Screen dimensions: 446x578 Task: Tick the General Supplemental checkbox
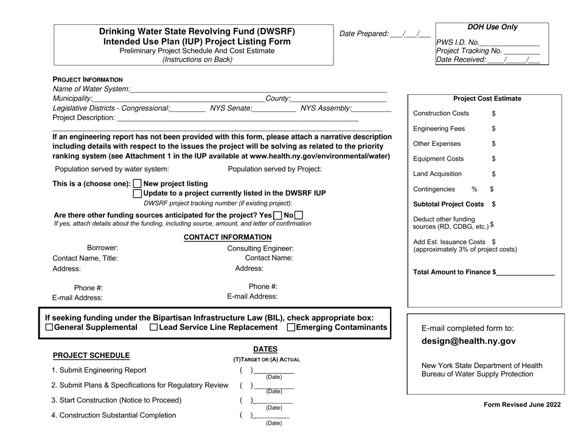(x=49, y=329)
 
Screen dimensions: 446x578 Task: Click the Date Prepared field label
(x=363, y=33)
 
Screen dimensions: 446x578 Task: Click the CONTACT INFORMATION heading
(x=228, y=237)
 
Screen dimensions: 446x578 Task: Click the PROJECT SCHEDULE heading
(x=91, y=355)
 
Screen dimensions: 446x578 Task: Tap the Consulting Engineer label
(x=260, y=248)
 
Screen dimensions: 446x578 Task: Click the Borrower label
(x=103, y=248)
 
